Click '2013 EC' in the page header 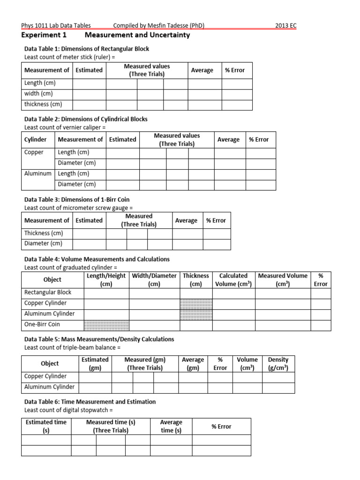[285, 26]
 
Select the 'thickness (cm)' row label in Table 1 [43, 104]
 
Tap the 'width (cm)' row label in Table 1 [38, 93]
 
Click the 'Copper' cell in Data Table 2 [34, 152]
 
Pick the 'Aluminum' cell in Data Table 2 [37, 173]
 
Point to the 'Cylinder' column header [36, 139]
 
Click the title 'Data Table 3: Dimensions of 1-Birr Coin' [76, 200]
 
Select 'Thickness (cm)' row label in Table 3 [44, 233]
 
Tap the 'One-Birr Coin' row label [42, 324]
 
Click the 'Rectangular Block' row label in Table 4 [48, 292]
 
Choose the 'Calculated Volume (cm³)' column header [233, 280]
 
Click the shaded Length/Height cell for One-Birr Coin [106, 325]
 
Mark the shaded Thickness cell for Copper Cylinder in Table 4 [196, 303]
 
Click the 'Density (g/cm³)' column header [278, 364]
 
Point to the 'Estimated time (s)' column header [46, 426]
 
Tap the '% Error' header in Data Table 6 [221, 427]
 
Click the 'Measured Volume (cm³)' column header [283, 280]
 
